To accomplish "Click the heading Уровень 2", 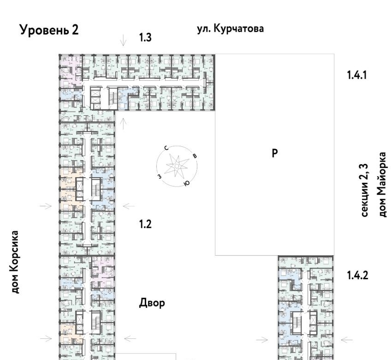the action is pos(49,30).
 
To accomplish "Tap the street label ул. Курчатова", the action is pos(231,29).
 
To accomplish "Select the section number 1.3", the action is pos(145,37).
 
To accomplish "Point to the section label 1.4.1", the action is pos(357,75).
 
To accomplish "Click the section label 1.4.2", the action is pos(357,276).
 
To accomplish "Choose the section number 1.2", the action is pos(145,224).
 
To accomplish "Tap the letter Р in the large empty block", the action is pos(274,153).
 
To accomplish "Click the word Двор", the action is pos(152,303).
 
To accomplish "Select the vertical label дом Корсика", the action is pos(14,262).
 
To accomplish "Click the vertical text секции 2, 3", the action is pos(364,190).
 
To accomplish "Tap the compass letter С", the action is pos(166,148).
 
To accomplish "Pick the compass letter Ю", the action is pos(186,184).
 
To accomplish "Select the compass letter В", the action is pos(195,156).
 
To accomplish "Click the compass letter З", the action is pos(160,176).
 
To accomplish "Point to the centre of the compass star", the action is pos(177,166).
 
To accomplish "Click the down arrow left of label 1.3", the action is pos(123,40).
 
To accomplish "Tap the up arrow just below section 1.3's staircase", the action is pos(123,124).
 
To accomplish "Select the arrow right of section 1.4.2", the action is pos(347,340).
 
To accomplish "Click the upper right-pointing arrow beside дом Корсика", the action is pos(46,206).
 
